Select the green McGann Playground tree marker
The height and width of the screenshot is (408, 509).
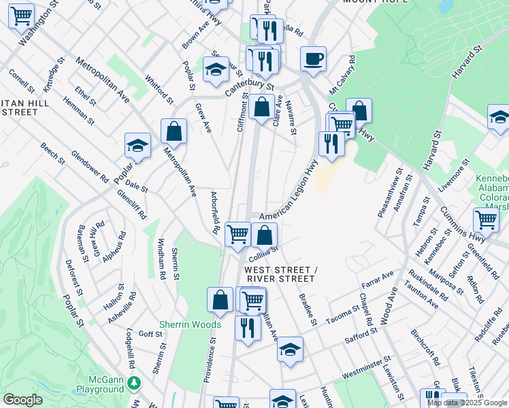[135, 384]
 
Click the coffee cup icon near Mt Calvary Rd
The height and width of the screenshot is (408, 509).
[313, 59]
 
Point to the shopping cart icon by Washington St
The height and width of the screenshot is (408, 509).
[21, 16]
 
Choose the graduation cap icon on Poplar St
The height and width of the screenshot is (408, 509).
[137, 146]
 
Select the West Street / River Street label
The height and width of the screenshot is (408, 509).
[280, 275]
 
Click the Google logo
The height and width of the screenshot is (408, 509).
[22, 400]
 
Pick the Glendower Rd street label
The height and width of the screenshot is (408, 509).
[90, 167]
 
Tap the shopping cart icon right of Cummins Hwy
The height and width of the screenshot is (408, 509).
[486, 220]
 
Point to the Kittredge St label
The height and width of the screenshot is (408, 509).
[54, 74]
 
